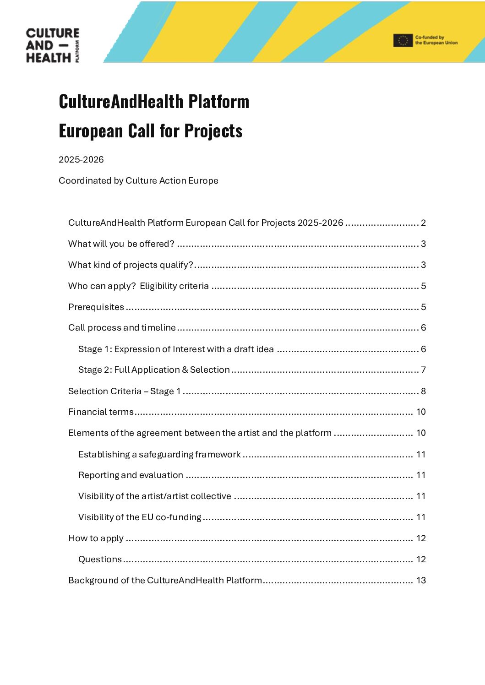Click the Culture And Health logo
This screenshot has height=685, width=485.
tap(52, 45)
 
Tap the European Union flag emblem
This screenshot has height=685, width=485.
tap(403, 41)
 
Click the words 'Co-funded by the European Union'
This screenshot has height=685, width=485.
tap(436, 40)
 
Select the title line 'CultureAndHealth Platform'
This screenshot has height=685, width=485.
tap(154, 101)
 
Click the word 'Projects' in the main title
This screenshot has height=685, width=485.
tap(213, 131)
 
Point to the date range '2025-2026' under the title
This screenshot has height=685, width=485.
tap(81, 160)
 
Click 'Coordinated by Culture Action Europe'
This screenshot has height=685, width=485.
tap(138, 181)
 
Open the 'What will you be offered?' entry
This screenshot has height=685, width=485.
tap(121, 244)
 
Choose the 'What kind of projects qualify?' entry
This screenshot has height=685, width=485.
tap(131, 265)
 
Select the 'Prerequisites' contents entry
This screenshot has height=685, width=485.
tap(96, 307)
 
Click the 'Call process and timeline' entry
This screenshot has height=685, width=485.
tap(122, 328)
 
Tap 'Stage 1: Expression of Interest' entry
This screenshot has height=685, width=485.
tap(176, 349)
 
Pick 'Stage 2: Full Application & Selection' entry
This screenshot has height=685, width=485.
tap(154, 370)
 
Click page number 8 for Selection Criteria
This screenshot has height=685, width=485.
tap(423, 391)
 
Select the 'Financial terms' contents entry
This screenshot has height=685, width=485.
tap(101, 412)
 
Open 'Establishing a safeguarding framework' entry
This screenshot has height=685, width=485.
tap(159, 455)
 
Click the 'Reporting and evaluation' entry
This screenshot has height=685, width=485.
tap(131, 475)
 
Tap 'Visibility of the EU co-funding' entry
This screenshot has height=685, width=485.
tap(140, 517)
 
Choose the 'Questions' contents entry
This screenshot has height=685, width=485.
tap(100, 560)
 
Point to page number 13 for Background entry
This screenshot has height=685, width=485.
tap(421, 581)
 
